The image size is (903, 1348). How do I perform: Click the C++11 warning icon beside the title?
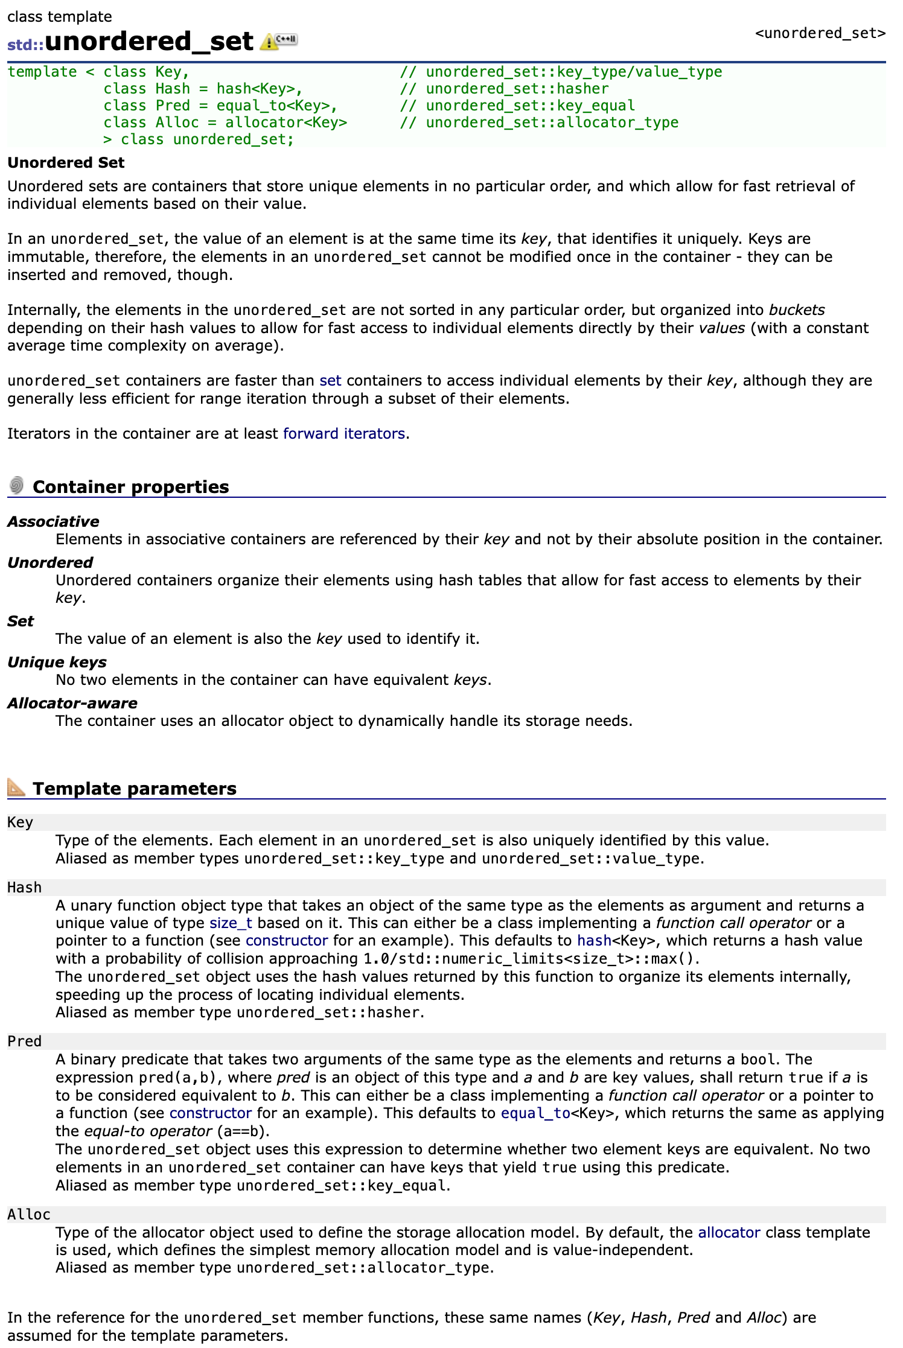pos(278,41)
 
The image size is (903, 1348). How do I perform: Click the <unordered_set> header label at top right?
pos(820,33)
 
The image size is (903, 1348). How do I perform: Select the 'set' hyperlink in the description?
pos(330,381)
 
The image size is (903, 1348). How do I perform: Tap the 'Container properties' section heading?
pos(130,487)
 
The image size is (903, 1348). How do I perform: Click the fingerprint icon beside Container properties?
pos(17,485)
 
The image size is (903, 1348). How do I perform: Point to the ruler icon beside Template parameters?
pos(16,787)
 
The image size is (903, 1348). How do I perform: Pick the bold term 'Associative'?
pos(53,522)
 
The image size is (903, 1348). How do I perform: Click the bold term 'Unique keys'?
pos(57,663)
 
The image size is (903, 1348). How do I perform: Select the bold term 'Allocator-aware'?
pos(72,704)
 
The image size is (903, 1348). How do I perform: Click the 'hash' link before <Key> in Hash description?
pos(594,941)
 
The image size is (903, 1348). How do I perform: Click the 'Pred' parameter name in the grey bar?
pos(24,1041)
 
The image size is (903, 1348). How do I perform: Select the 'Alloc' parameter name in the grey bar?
pos(28,1215)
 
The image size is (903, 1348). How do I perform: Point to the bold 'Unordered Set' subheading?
pos(66,163)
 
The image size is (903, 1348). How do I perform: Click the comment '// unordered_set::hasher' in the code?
pos(504,89)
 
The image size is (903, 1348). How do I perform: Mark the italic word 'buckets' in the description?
pos(797,310)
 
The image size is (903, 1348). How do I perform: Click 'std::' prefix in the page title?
pos(25,45)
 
